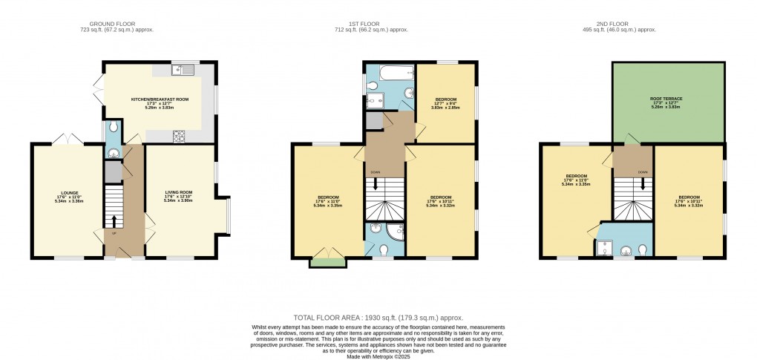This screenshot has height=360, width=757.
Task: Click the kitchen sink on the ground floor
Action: (x=181, y=71)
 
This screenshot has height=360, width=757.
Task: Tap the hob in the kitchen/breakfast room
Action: (x=179, y=135)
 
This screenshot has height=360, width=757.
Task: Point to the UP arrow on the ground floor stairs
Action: (x=114, y=220)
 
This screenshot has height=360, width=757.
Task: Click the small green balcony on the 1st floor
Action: (x=327, y=260)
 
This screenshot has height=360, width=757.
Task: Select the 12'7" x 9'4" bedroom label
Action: (x=445, y=103)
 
